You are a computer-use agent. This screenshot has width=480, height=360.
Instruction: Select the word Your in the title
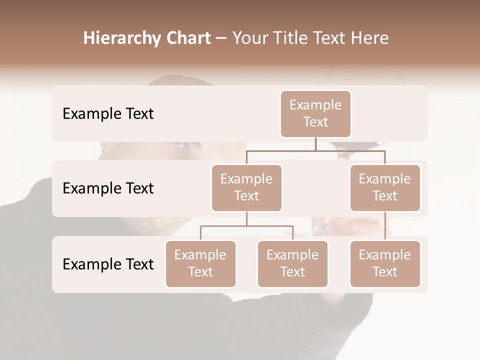(249, 38)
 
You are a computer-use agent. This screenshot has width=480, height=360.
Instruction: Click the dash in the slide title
(221, 38)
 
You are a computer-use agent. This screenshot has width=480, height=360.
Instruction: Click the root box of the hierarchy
(315, 113)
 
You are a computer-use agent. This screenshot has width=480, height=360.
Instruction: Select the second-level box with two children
(246, 187)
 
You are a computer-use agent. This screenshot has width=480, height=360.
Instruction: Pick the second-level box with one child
(385, 187)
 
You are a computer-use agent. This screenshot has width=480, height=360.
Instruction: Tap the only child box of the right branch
(385, 263)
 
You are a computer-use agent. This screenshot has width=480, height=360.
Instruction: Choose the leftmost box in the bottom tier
(200, 263)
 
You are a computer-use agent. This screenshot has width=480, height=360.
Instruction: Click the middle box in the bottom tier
(292, 263)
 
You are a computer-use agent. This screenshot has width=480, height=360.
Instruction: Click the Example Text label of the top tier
(108, 114)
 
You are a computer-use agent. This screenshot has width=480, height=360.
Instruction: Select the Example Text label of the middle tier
(108, 188)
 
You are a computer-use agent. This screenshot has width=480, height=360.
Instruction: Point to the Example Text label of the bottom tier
(108, 264)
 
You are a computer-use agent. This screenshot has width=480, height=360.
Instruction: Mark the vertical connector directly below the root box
(315, 143)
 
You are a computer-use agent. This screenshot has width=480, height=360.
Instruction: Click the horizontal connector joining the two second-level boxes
(315, 150)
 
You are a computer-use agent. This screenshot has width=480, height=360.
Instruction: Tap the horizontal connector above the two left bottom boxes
(246, 226)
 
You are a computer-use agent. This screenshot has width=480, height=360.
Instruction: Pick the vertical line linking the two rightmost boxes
(385, 226)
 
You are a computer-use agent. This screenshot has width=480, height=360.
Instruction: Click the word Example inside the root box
(315, 105)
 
